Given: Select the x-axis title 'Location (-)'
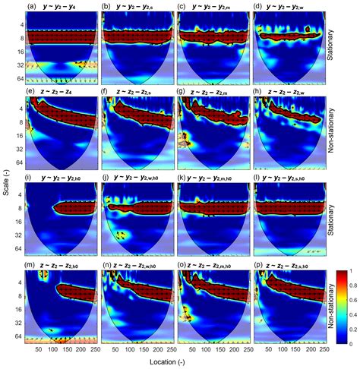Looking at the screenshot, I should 174,363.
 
